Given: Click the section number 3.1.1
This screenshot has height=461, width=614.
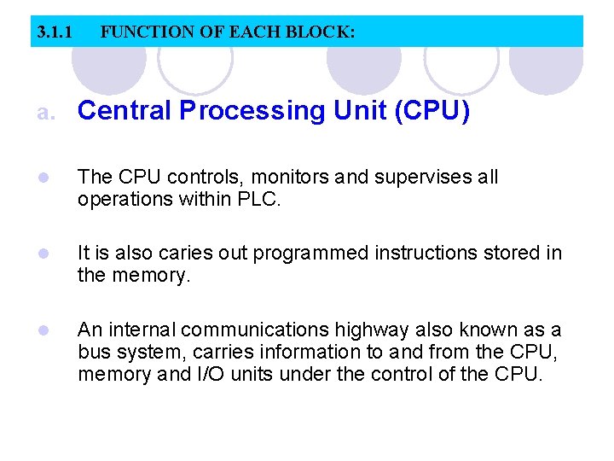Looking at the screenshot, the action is click(x=54, y=33).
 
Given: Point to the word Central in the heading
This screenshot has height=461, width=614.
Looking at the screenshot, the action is click(x=125, y=111).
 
